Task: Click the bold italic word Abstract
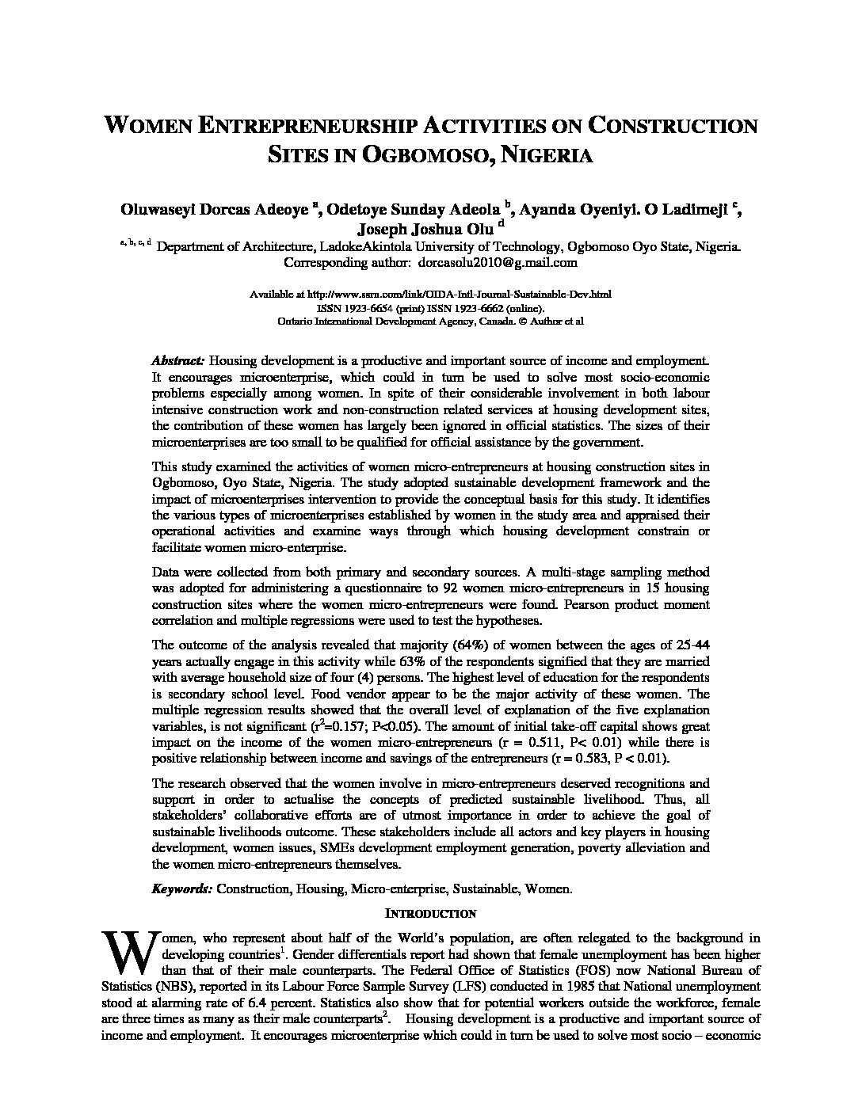click(x=178, y=360)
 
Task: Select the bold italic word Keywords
click(x=182, y=889)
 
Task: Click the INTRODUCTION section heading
click(x=431, y=914)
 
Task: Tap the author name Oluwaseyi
click(x=153, y=209)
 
